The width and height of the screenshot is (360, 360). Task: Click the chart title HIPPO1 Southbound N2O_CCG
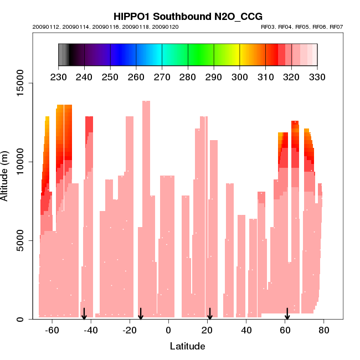(x=188, y=16)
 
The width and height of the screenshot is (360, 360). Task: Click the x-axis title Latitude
(x=187, y=346)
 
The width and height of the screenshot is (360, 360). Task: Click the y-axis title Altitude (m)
(x=5, y=176)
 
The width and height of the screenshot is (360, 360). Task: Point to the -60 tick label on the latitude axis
(x=52, y=330)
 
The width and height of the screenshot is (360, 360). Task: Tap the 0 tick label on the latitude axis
(x=168, y=330)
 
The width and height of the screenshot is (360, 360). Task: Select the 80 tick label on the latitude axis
(x=324, y=330)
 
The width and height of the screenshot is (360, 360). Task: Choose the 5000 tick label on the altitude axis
(x=22, y=240)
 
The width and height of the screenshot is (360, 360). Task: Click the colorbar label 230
(x=58, y=77)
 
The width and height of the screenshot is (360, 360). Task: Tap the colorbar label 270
(x=162, y=77)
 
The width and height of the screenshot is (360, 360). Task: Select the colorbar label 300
(x=240, y=77)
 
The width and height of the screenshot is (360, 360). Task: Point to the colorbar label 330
(x=317, y=77)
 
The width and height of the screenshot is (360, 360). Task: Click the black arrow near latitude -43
(x=84, y=314)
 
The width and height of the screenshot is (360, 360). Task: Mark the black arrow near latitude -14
(x=141, y=314)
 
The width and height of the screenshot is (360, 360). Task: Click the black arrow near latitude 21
(x=209, y=314)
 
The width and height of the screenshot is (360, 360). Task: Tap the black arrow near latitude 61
(x=287, y=314)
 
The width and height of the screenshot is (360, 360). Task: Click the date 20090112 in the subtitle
(x=45, y=27)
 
